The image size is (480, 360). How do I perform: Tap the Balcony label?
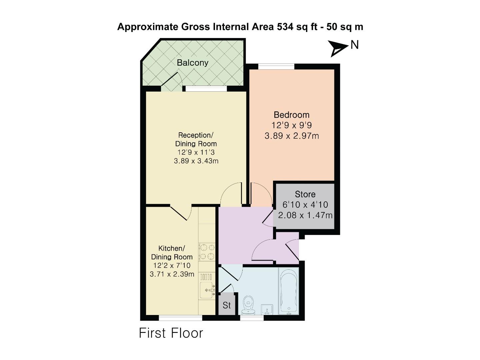[192, 63]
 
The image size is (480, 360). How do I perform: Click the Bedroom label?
[291, 115]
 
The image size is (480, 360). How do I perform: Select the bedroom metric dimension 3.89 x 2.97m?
[292, 136]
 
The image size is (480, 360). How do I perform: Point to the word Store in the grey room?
[305, 194]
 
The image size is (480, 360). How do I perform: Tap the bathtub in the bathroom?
[289, 291]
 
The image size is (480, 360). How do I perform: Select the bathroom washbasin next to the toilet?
[267, 309]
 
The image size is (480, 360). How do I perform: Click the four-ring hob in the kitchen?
[207, 252]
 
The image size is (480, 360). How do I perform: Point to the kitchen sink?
[207, 290]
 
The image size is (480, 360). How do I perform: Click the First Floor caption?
[171, 333]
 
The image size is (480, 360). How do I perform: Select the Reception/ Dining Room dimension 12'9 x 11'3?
[196, 152]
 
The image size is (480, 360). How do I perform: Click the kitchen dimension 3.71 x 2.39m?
[172, 274]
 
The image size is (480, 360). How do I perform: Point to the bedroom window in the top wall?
[276, 66]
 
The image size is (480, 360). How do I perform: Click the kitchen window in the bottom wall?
[180, 318]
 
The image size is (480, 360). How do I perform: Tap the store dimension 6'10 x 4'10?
[305, 205]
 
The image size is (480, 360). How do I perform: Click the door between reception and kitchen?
[181, 212]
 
